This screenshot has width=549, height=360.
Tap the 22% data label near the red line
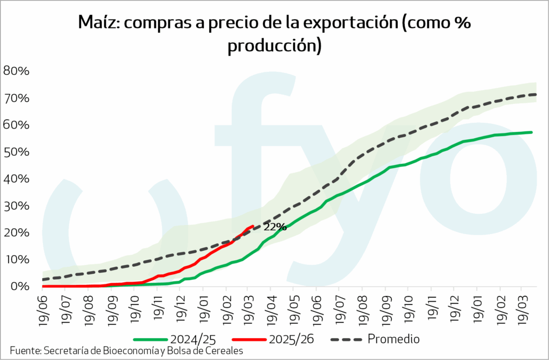pyautogui.click(x=275, y=227)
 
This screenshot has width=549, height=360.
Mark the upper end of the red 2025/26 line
pyautogui.click(x=253, y=226)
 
